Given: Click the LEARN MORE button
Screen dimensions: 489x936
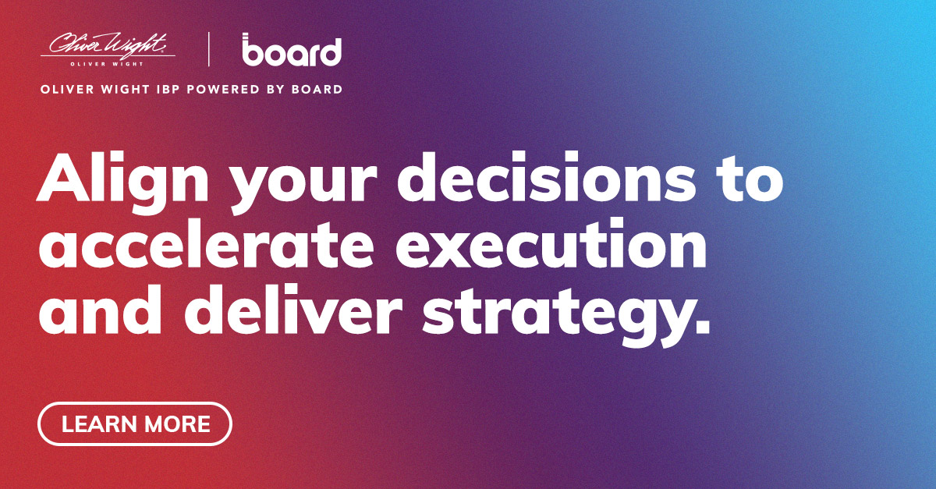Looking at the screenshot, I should click(x=135, y=423).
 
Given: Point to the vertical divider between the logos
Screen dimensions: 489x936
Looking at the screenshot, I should click(x=209, y=48).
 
